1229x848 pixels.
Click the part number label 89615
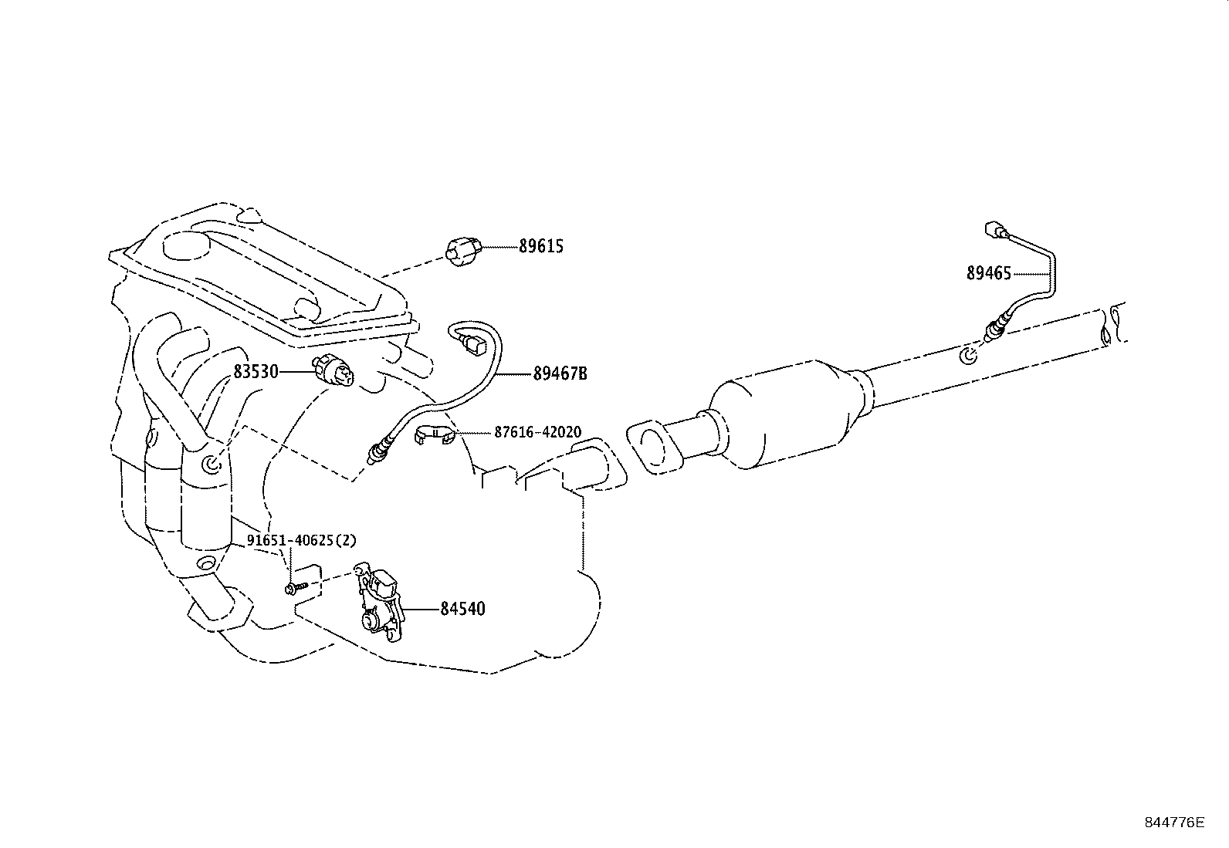(540, 247)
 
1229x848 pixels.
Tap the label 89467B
(560, 373)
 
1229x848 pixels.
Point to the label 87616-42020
(538, 432)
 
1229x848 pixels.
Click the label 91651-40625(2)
(302, 541)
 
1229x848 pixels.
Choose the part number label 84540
(462, 610)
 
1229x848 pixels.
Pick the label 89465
(988, 273)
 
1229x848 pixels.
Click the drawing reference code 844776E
(1173, 823)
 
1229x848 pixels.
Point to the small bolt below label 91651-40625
(294, 588)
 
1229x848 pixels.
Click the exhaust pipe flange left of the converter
(654, 448)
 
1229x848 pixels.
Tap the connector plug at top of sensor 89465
(994, 229)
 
